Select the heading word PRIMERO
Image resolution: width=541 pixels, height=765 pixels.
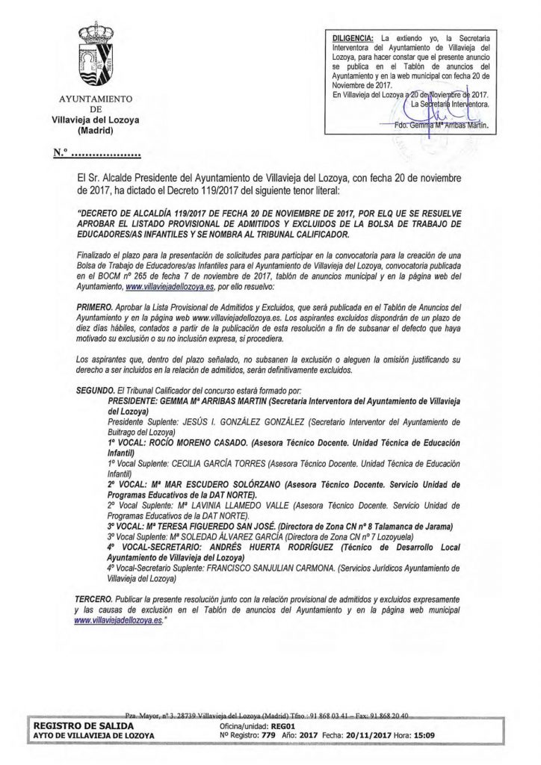click(x=98, y=307)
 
